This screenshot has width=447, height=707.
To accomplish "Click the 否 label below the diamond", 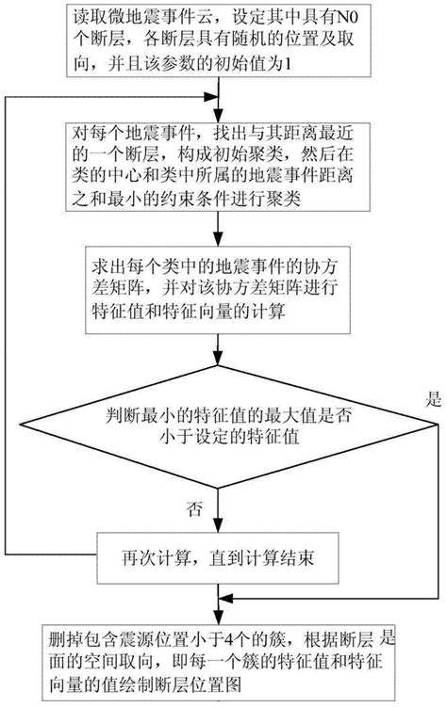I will [195, 509].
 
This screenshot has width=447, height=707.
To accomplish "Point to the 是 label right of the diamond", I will [434, 398].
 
